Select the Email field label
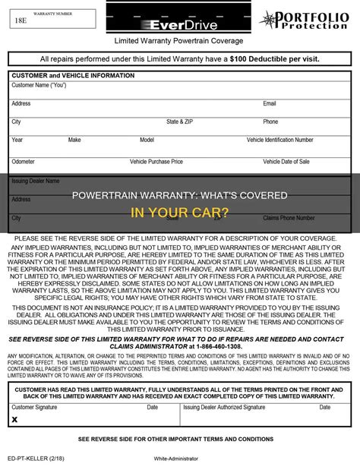point(270,103)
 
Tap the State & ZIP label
point(180,121)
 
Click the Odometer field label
point(24,162)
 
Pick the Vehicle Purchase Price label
point(156,162)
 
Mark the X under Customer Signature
point(14,418)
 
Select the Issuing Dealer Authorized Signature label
point(223,407)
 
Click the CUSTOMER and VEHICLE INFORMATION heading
point(73,75)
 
